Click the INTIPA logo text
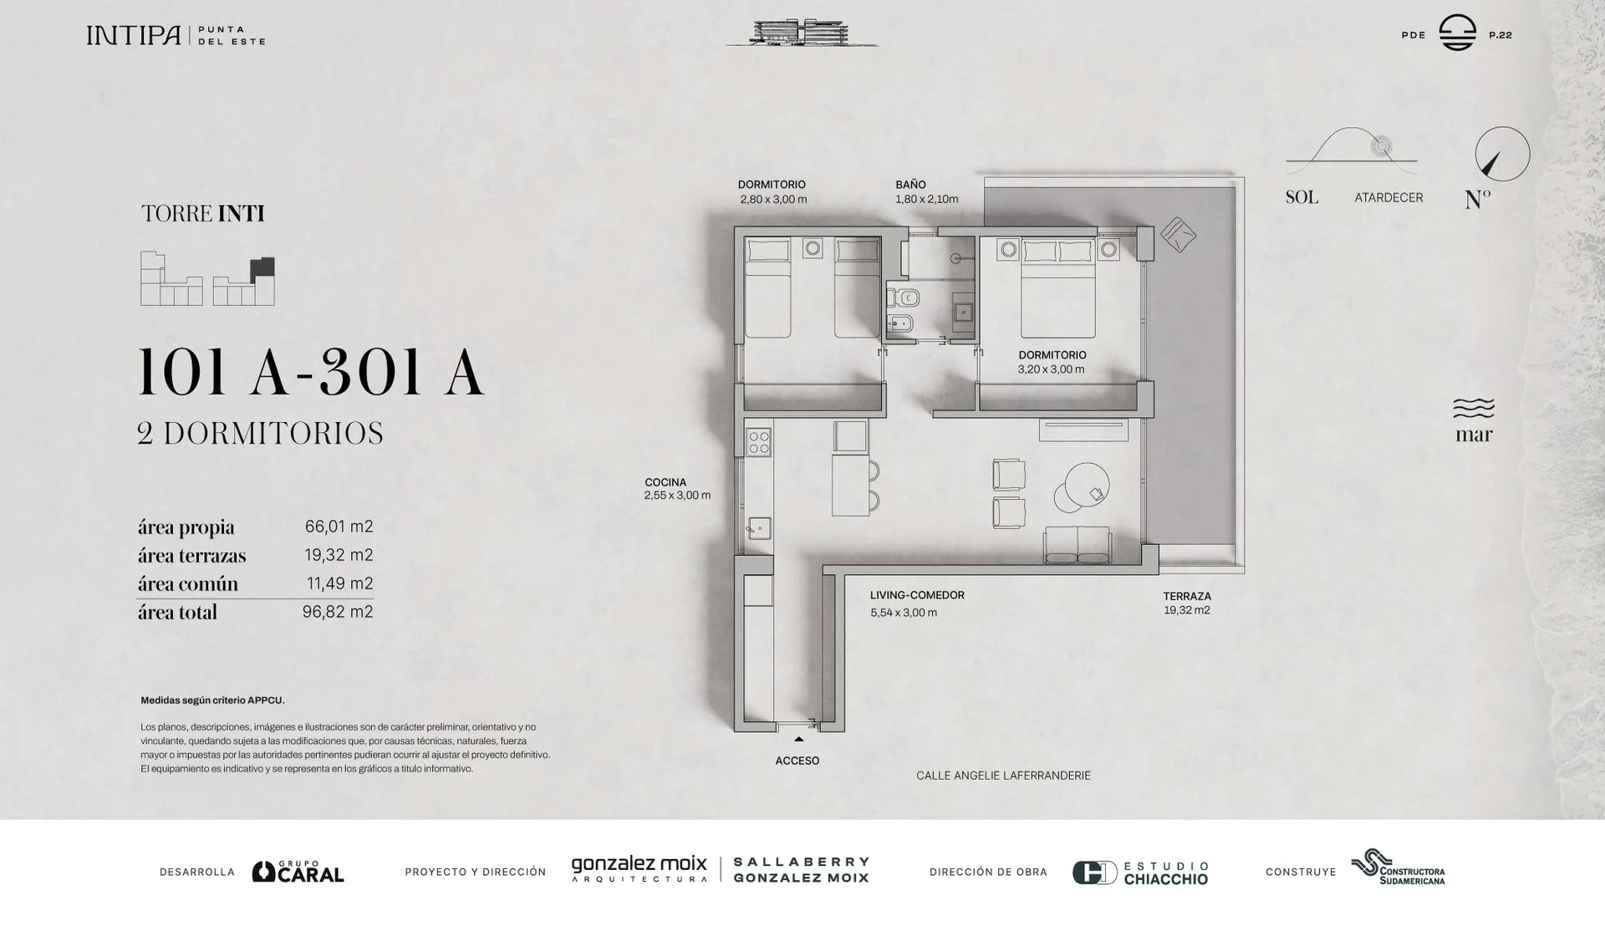coord(134,35)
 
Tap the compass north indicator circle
coord(1502,154)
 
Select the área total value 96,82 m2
coord(338,612)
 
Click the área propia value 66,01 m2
coord(339,526)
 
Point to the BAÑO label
coord(910,185)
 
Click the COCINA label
coord(665,482)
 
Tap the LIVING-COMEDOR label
coord(917,595)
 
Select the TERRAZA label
coord(1187,596)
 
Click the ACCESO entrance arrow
coord(799,739)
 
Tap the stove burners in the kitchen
coord(759,442)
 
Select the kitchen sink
coord(759,528)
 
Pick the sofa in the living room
coord(1077,545)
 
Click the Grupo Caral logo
coord(298,872)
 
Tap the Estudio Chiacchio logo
coord(1140,872)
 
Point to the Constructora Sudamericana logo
coord(1398,867)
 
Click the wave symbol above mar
coord(1474,408)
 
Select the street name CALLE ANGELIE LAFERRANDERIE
coord(1003,776)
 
